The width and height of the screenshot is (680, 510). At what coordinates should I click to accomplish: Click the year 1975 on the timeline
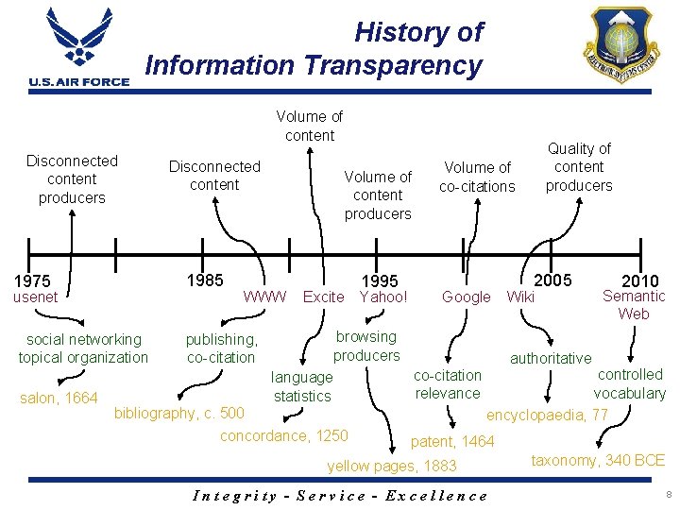coord(33,281)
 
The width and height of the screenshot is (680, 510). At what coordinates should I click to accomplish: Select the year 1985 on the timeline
coord(205,280)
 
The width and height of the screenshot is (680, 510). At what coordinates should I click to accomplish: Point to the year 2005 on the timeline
coord(553,280)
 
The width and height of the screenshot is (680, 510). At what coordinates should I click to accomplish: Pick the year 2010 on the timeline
coord(640,281)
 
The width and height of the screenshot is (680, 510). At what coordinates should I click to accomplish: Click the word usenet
coord(35,297)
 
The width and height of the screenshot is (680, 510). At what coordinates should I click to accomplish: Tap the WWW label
coord(265,297)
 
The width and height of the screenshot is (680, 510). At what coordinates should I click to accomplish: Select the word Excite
coord(323,297)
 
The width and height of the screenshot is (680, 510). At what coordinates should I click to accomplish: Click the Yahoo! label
coord(383,297)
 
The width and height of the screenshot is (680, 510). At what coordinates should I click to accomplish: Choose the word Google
coord(467,297)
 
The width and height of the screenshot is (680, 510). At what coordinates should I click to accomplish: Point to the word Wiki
coord(521,297)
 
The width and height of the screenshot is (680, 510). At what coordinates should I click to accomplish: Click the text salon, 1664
coord(59,398)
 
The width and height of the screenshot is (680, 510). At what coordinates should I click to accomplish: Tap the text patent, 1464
coord(452,441)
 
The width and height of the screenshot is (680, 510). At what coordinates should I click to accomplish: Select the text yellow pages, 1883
coord(391,466)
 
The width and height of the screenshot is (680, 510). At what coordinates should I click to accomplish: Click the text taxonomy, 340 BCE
coord(598,460)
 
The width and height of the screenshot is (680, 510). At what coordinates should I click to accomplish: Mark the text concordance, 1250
coord(283,435)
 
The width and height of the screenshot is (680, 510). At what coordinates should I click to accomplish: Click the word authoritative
coord(551,358)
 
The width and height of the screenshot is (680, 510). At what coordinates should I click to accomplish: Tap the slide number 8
coord(667,494)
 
